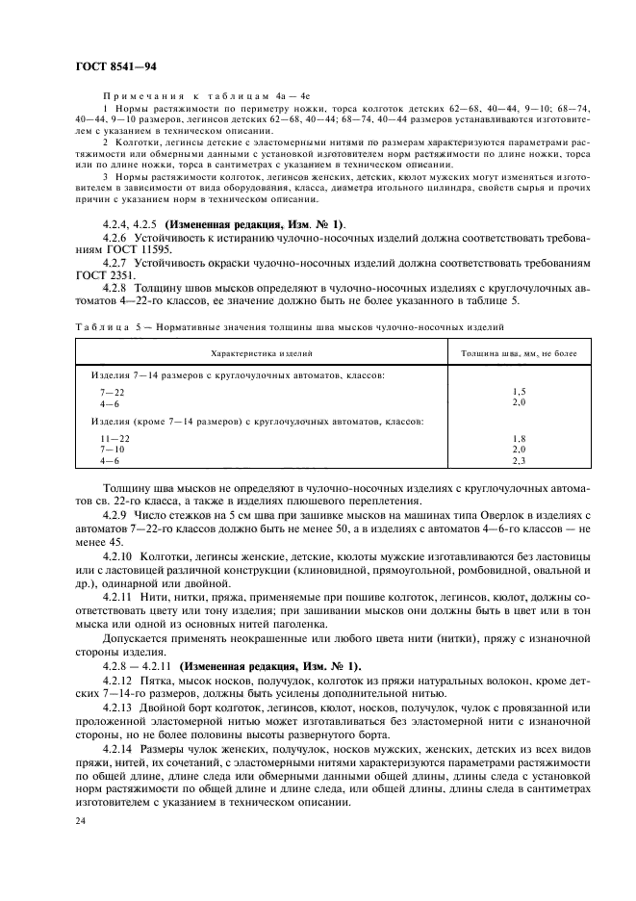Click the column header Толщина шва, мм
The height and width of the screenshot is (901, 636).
coord(521,354)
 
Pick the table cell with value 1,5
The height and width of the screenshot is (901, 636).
coord(520,392)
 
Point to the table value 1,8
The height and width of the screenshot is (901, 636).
coord(520,438)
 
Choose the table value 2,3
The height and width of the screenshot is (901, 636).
coord(520,460)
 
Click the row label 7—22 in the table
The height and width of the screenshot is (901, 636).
coord(113,392)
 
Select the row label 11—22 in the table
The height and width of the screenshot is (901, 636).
coord(114,438)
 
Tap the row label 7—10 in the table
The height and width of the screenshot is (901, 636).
coord(113,449)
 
